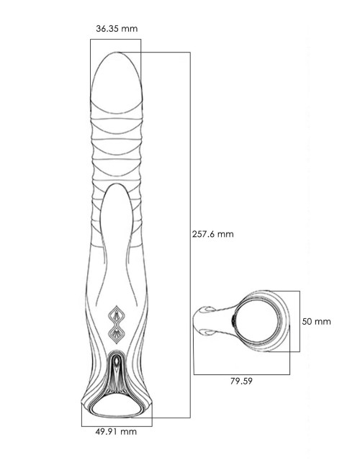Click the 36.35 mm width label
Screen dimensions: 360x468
click(x=117, y=29)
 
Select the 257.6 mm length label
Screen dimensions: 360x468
click(x=212, y=234)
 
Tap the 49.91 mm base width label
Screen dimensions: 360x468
click(x=116, y=431)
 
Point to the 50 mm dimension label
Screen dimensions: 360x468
click(x=316, y=321)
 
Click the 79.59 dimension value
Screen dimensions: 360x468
click(x=241, y=381)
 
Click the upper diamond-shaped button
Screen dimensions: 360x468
click(x=116, y=315)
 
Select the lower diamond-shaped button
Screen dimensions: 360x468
click(x=116, y=334)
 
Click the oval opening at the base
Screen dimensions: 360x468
click(x=117, y=407)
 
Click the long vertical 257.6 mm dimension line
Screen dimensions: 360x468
click(x=190, y=235)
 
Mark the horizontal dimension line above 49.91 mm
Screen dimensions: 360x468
click(x=117, y=426)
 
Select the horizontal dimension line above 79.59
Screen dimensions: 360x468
click(x=241, y=374)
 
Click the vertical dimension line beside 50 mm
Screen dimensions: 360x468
click(x=300, y=321)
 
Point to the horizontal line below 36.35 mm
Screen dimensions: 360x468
click(x=115, y=39)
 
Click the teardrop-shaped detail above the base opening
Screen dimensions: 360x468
click(x=117, y=361)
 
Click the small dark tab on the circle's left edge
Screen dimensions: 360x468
click(x=233, y=321)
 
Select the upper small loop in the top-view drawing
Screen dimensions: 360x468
click(x=207, y=310)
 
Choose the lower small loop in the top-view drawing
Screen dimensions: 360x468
click(x=207, y=332)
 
